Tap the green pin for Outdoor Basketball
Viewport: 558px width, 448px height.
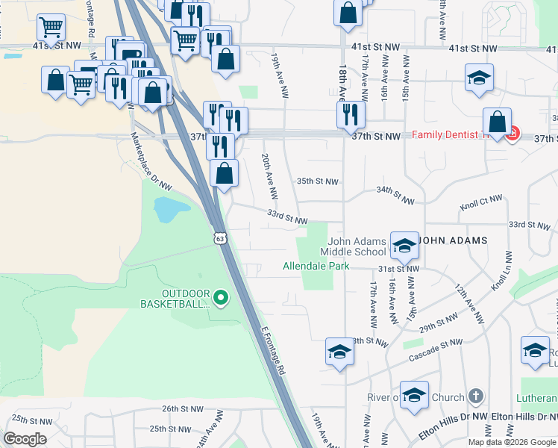(220, 299)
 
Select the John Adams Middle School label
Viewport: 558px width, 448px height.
(358, 246)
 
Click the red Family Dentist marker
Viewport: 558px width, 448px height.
(512, 134)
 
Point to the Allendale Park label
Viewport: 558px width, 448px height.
(316, 266)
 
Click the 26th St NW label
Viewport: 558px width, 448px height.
(182, 408)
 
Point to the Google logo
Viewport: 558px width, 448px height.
(25, 439)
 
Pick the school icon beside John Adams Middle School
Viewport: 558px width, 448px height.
(404, 244)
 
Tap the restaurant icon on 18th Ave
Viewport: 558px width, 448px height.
(349, 113)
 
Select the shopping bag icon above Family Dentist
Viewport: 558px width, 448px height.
(497, 122)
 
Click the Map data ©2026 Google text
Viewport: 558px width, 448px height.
(511, 442)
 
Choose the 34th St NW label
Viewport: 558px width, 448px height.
(395, 196)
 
